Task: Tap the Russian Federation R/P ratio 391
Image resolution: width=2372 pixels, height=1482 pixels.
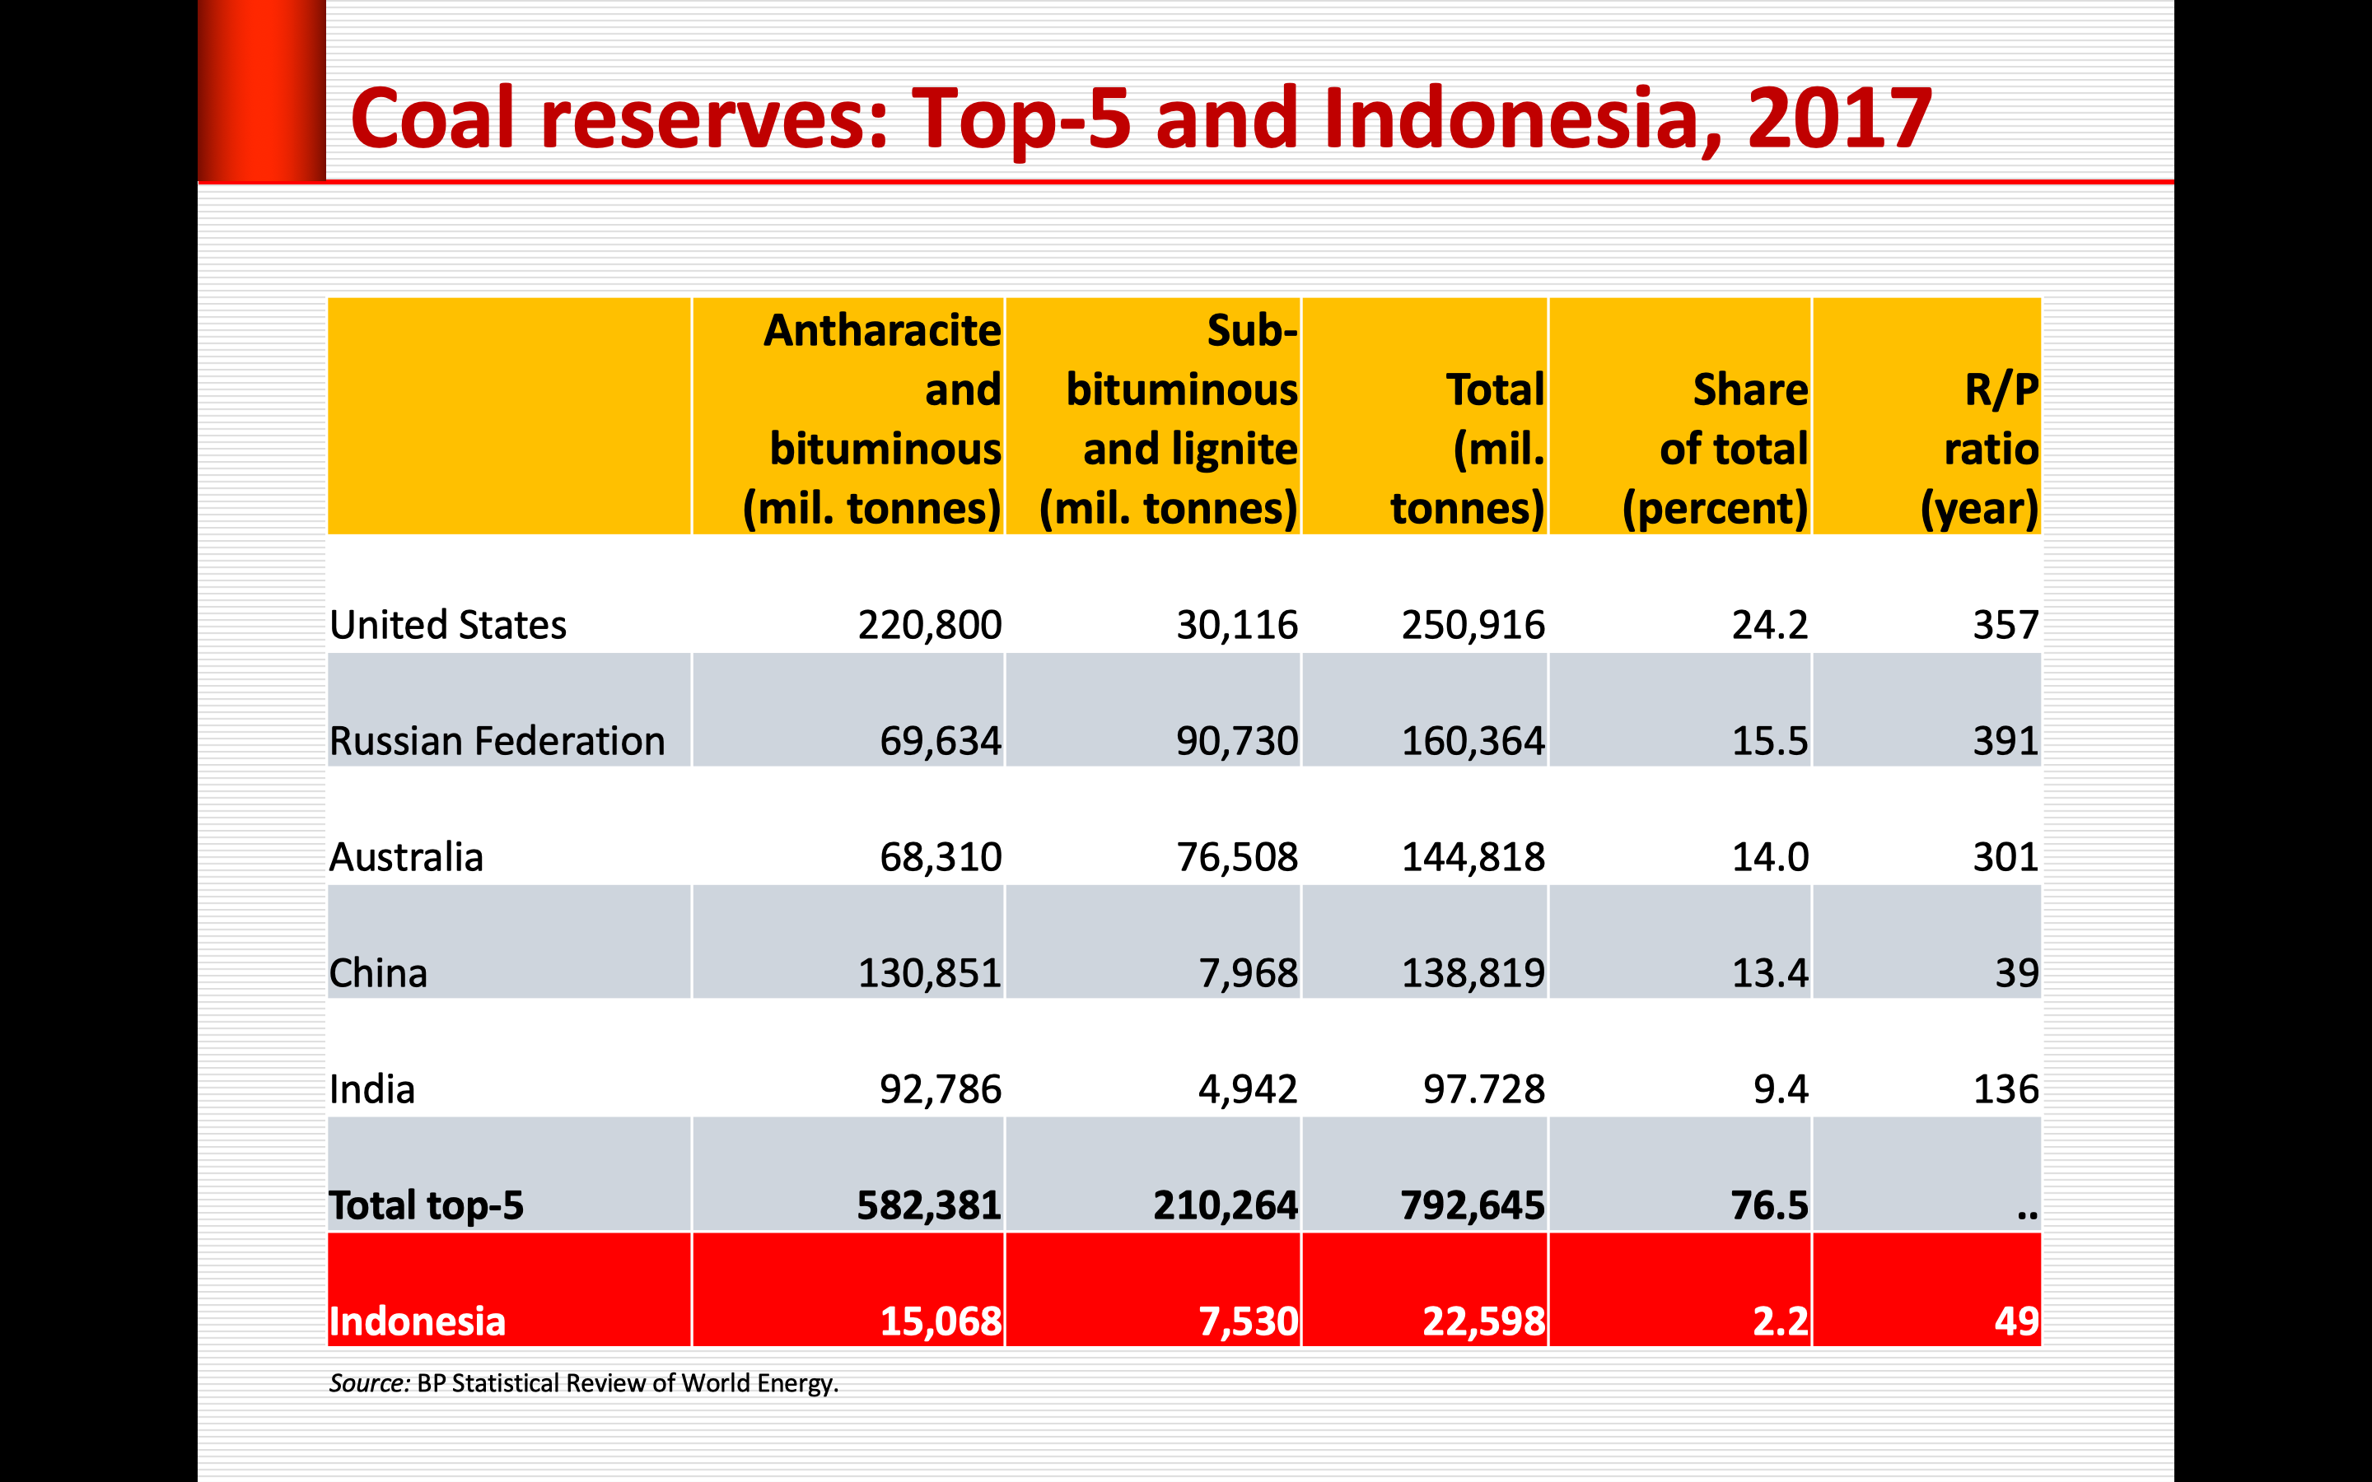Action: click(2005, 741)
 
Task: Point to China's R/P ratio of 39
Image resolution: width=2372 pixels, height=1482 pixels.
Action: click(2016, 973)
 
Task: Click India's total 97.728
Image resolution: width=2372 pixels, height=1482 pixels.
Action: click(1484, 1089)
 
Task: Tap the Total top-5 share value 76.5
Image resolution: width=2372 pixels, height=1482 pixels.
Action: click(1769, 1205)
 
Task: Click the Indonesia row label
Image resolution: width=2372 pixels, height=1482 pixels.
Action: click(418, 1321)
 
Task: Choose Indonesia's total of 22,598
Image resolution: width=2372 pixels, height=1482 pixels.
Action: click(1484, 1321)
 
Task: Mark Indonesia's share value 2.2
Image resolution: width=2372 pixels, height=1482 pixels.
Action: click(1780, 1321)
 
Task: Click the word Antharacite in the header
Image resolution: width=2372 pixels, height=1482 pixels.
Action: click(882, 330)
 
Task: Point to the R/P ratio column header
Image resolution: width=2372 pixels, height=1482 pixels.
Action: click(1980, 449)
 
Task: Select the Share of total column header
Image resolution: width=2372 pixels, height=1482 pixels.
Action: click(1716, 449)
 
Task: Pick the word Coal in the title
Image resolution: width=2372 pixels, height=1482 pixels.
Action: click(432, 118)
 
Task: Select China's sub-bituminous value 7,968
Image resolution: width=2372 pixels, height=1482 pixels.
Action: click(1248, 973)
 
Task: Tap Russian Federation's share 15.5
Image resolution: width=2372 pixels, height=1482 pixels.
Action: click(1769, 741)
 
